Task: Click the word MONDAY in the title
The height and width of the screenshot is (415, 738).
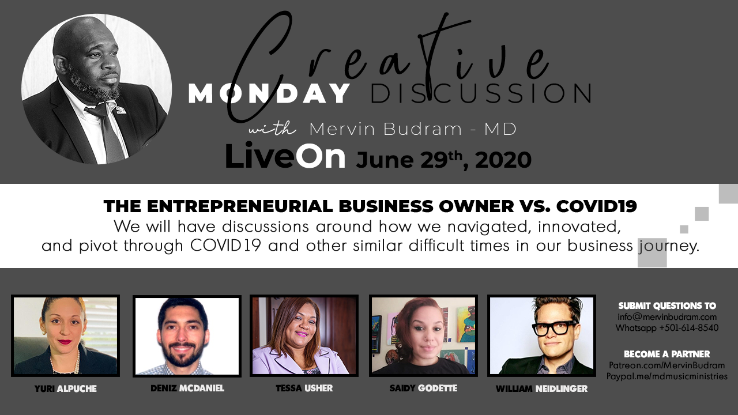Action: click(x=269, y=93)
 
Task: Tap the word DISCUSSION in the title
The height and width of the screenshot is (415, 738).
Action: click(x=481, y=93)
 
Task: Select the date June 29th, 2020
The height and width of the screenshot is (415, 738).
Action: click(x=443, y=160)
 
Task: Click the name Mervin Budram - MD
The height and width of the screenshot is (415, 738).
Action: click(x=413, y=129)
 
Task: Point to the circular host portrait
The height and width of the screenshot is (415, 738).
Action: click(x=96, y=89)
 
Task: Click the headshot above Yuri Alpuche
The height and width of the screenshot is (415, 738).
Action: click(x=65, y=335)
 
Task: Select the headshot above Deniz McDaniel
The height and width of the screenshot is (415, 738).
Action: click(x=187, y=336)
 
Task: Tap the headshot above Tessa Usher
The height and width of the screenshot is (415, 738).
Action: click(x=304, y=335)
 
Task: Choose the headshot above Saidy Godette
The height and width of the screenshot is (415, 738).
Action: click(x=423, y=335)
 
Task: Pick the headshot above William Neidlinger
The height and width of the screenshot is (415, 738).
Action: click(x=541, y=335)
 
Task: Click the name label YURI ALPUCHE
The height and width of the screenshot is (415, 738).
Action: click(x=66, y=389)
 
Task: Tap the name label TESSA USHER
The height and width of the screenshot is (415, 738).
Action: click(x=304, y=388)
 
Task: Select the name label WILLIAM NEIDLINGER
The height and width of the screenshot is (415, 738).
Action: click(x=541, y=389)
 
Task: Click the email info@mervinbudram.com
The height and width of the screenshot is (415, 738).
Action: click(x=667, y=317)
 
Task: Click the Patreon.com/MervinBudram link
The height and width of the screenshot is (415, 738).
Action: click(x=667, y=365)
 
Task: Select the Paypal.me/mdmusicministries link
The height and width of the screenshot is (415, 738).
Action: click(x=667, y=376)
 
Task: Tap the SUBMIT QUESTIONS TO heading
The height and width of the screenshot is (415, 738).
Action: click(x=667, y=306)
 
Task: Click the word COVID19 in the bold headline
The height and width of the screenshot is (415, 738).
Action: click(x=597, y=206)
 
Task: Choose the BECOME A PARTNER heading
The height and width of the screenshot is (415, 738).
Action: click(x=667, y=354)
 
